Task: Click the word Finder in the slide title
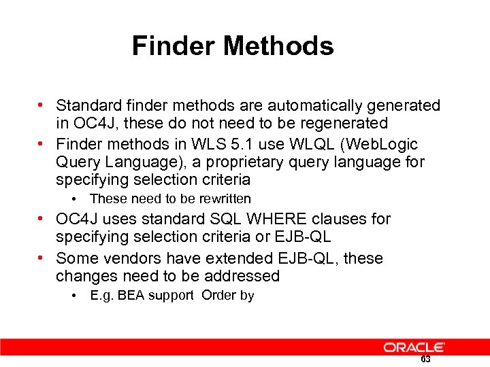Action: (x=174, y=46)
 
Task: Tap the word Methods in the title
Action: (x=278, y=46)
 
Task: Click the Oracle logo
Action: (x=414, y=347)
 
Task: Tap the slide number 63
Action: (x=425, y=360)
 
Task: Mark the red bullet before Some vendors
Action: (x=43, y=258)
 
